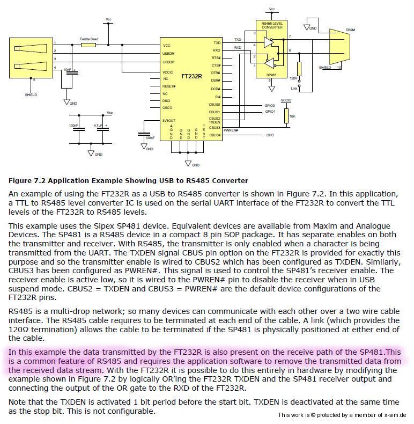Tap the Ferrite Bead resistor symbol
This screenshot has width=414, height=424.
tap(88, 45)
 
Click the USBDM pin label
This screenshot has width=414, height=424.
tap(169, 54)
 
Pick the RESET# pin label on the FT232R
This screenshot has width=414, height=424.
tap(169, 86)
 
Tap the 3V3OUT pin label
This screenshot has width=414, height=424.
tap(170, 120)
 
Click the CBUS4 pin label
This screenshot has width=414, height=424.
tap(215, 135)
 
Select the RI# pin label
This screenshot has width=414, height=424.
tap(217, 97)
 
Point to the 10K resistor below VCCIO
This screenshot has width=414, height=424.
tap(286, 115)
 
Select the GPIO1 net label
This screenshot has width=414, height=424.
tap(270, 112)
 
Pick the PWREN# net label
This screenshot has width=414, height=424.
tap(231, 130)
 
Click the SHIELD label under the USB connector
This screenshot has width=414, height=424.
tap(31, 94)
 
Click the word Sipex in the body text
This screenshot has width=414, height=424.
tap(72, 226)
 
